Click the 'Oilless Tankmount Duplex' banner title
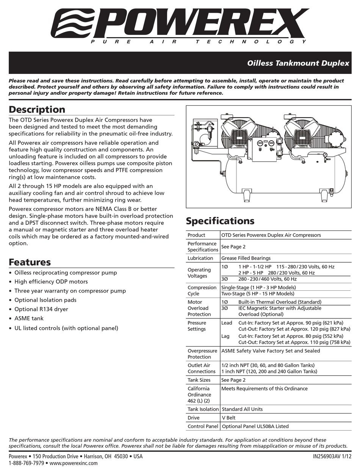point(298,63)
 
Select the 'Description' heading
point(37,110)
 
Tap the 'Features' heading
point(30,262)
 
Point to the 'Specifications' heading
point(220,221)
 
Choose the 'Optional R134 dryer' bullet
point(41,309)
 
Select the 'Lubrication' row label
point(200,258)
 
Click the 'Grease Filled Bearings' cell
point(246,258)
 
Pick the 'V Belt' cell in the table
point(228,418)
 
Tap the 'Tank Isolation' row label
point(203,409)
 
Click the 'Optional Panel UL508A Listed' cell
point(255,426)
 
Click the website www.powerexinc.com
point(74,463)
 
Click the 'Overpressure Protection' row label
point(202,354)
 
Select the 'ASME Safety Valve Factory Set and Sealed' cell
point(271,351)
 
